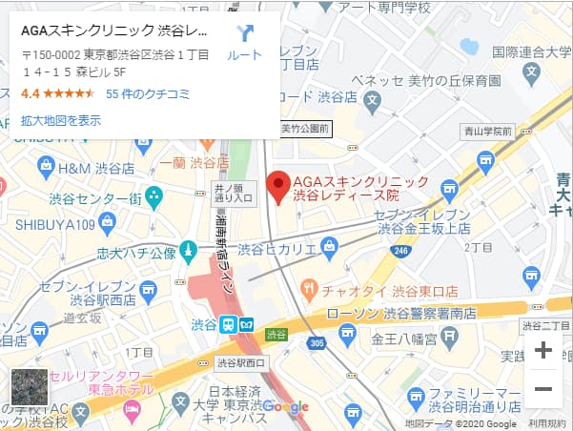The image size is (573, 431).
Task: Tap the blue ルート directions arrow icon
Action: click(245, 34)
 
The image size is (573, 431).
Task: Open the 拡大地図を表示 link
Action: click(61, 120)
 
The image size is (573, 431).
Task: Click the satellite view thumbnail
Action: click(29, 387)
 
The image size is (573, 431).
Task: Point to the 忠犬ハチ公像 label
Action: click(136, 253)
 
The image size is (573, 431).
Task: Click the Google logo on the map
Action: click(285, 406)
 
